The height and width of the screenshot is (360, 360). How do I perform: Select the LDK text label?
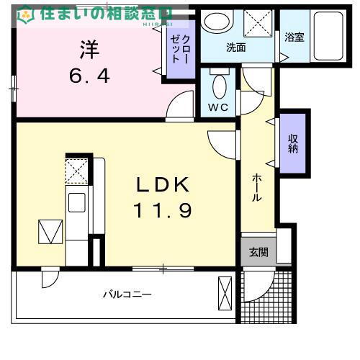163,185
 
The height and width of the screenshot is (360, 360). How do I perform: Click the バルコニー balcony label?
126,294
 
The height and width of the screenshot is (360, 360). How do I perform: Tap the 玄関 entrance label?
258,252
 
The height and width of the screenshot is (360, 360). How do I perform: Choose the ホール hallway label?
256,189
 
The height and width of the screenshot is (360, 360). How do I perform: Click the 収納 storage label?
293,143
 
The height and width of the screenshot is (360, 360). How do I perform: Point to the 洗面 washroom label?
236,48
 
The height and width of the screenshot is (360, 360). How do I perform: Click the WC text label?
218,107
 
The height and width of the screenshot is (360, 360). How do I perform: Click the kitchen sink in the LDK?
76,202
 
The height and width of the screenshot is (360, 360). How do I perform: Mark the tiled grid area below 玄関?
266,297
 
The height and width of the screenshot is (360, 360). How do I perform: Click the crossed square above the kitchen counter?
76,171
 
